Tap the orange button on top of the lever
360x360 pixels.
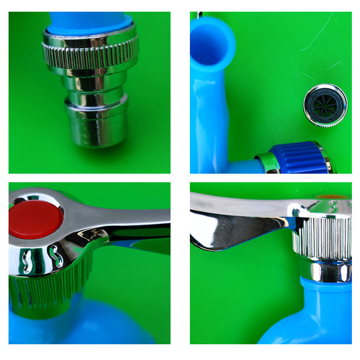(332, 197)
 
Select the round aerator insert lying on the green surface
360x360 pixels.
(325, 105)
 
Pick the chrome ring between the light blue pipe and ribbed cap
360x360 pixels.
(267, 162)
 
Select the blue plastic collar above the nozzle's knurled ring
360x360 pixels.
(90, 22)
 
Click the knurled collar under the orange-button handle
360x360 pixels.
(322, 238)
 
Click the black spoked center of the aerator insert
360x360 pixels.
(325, 105)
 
